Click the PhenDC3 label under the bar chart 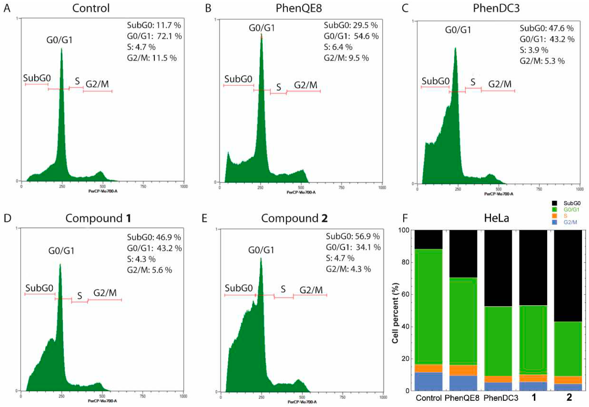point(501,398)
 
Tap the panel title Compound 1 point(98,219)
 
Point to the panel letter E point(204,219)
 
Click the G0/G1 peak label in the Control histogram point(59,40)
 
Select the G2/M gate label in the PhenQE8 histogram point(306,85)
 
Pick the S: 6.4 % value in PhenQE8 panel point(338,47)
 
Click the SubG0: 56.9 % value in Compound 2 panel point(353,236)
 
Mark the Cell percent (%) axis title point(395,313)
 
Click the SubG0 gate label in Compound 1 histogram point(39,288)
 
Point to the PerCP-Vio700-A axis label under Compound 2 point(302,402)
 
